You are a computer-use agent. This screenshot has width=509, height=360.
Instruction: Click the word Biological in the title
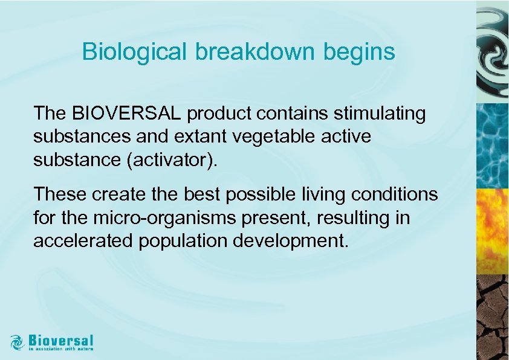click(135, 52)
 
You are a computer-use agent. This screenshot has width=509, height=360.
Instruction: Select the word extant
click(199, 137)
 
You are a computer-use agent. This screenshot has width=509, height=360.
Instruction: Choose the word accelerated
click(83, 240)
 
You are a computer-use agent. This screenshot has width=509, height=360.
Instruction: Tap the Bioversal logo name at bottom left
click(60, 339)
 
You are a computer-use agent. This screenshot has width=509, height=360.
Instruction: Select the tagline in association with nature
click(60, 349)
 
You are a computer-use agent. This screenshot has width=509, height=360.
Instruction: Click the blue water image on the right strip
click(492, 145)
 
